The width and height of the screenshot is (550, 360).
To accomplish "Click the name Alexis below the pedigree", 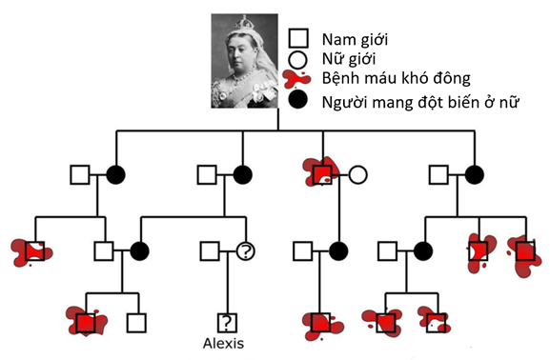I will (x=226, y=343).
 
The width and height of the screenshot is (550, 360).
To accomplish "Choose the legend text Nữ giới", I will (x=349, y=59).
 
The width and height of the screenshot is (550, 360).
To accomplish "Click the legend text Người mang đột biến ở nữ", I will (x=418, y=101).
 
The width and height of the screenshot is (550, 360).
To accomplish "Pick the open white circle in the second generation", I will (x=357, y=174).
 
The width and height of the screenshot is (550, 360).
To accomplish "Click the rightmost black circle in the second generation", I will (x=473, y=174).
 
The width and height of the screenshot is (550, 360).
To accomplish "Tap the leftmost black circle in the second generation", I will (x=115, y=174).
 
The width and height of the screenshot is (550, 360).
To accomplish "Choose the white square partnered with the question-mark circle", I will (x=209, y=251).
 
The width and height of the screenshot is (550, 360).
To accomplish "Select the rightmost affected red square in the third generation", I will (x=523, y=251).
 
